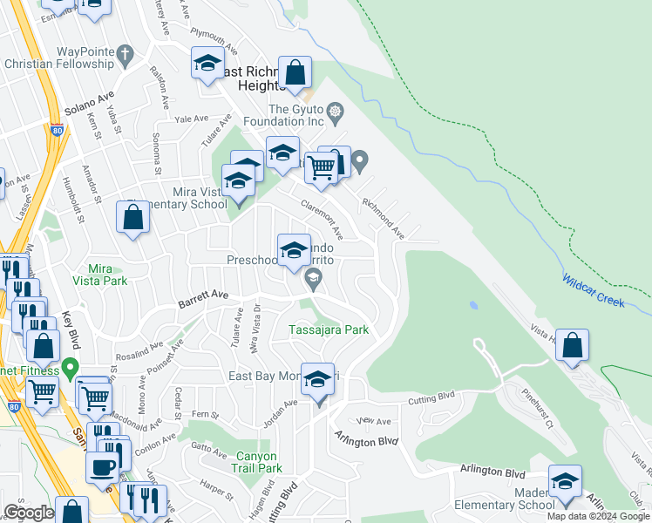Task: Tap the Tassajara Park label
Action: point(329,330)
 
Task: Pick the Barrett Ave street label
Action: point(203,298)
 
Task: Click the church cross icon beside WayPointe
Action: point(125,55)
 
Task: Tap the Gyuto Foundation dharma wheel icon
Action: point(335,110)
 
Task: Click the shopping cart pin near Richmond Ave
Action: point(321,166)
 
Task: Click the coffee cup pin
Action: point(103,466)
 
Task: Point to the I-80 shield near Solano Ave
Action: point(57,131)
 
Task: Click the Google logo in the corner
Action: point(29,512)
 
